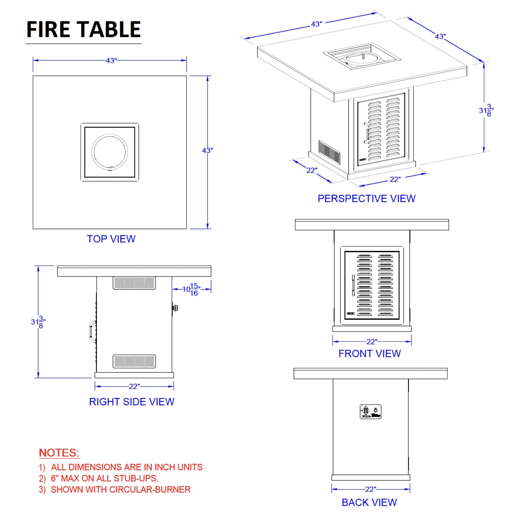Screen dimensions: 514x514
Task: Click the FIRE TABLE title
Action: [x=83, y=29]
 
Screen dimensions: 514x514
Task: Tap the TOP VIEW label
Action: [x=111, y=239]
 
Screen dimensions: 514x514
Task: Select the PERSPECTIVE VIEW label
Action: [x=366, y=198]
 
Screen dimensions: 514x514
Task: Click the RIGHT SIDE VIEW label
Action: [x=132, y=402]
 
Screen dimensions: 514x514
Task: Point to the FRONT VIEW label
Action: [x=370, y=354]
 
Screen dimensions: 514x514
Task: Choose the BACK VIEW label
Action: [x=369, y=503]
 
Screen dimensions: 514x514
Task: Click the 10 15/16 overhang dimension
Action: [x=191, y=289]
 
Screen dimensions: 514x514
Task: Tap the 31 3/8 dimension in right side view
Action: [x=38, y=322]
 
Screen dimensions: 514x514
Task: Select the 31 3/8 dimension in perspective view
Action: [x=486, y=110]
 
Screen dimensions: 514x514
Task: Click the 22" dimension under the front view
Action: [x=372, y=342]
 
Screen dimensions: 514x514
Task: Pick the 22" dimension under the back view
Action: [x=371, y=489]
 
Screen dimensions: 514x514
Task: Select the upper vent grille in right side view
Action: [x=134, y=283]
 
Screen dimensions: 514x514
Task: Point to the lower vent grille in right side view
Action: [x=134, y=361]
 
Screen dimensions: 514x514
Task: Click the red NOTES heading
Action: [x=59, y=453]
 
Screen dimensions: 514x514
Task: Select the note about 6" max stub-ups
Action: [x=99, y=478]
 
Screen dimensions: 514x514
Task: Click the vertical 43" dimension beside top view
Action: [x=208, y=151]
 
